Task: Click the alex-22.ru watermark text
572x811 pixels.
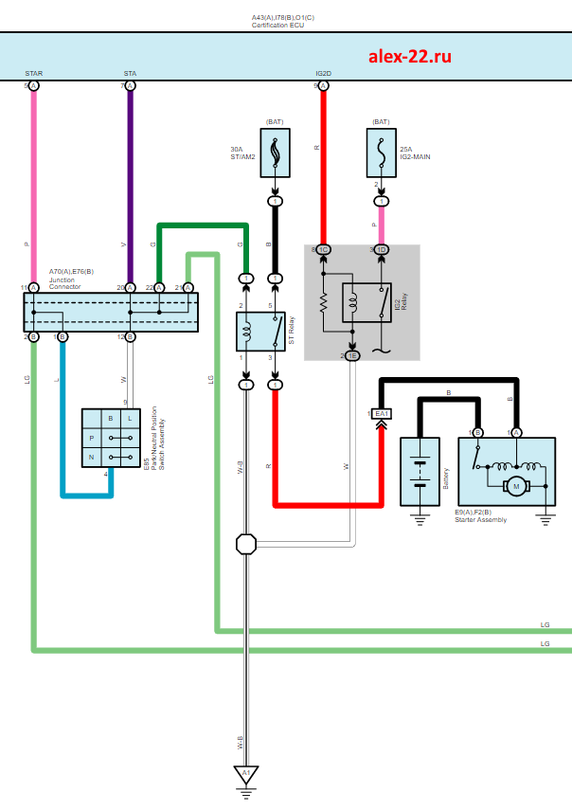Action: point(409,56)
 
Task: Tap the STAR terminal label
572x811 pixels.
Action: point(34,73)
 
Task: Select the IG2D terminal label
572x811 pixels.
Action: point(323,73)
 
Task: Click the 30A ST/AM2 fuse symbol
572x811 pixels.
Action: point(276,152)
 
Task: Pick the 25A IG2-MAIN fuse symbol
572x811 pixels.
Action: point(381,152)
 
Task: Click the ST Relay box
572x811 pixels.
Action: point(260,331)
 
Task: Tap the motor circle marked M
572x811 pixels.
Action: point(515,486)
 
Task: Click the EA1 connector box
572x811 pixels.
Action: point(382,414)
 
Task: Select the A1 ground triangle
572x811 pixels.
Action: point(246,774)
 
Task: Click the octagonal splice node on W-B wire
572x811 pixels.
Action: point(246,544)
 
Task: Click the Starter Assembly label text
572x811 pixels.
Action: point(481,519)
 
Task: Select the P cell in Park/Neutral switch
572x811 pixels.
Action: point(92,438)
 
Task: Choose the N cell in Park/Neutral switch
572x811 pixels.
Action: point(92,457)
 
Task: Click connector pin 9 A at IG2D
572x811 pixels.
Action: point(323,86)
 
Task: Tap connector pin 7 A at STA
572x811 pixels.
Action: point(130,86)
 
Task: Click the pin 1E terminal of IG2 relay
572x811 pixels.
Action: point(352,355)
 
